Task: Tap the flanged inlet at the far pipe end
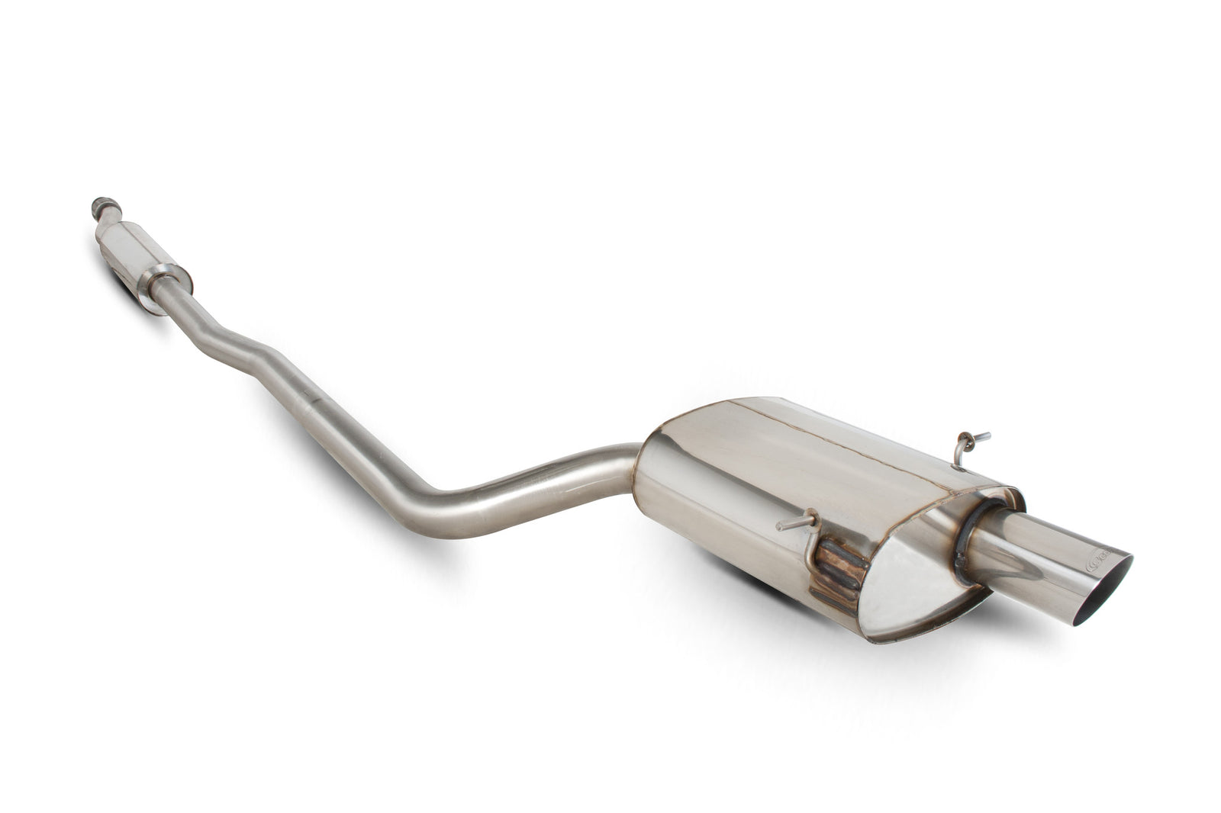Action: point(100,207)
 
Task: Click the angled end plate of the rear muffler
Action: point(916,580)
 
